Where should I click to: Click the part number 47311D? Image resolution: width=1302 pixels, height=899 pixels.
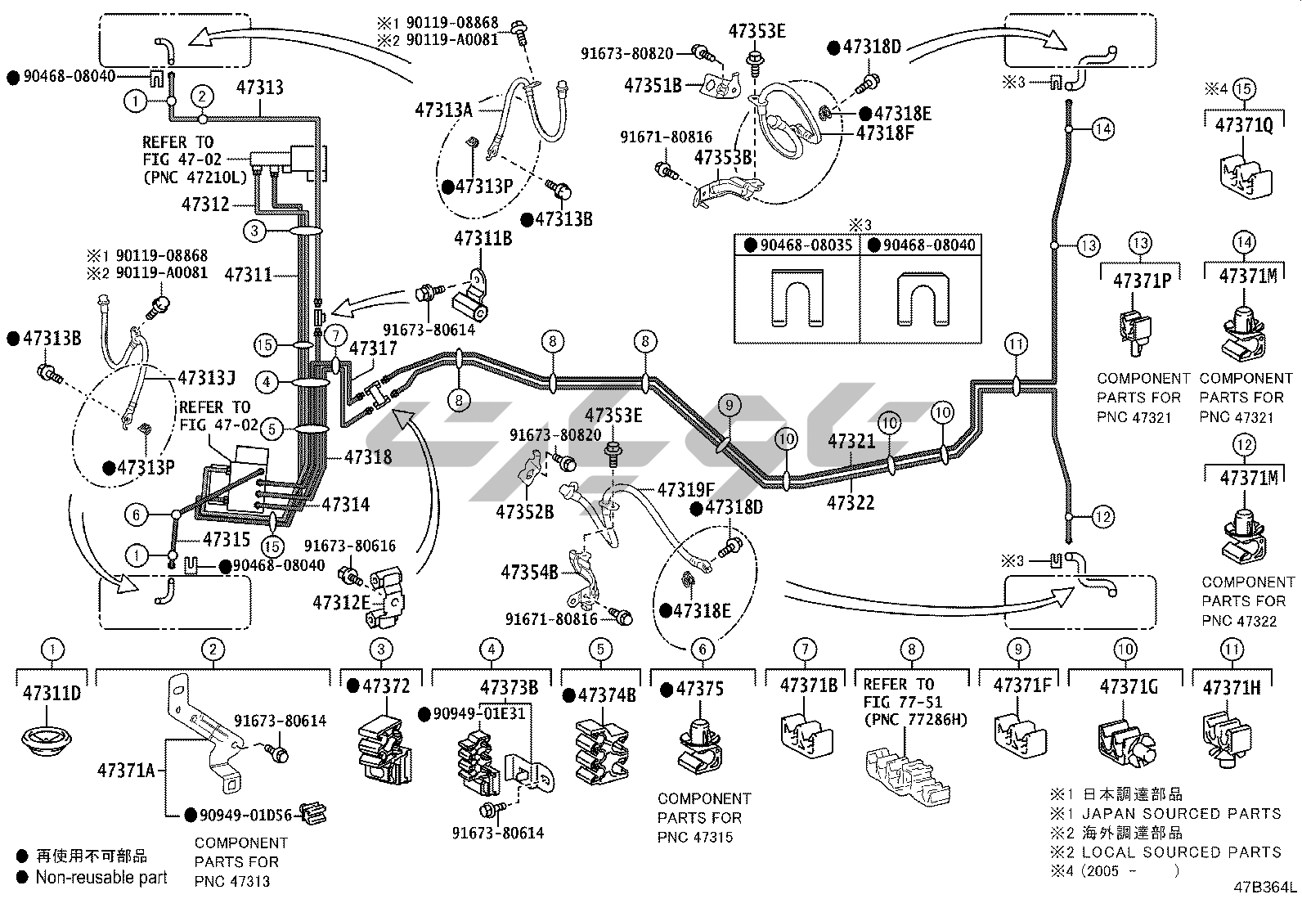(52, 694)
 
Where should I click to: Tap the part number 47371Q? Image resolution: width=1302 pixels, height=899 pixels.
(1243, 125)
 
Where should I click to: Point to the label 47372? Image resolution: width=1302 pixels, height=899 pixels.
(387, 686)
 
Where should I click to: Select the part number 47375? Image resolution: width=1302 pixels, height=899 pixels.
(699, 689)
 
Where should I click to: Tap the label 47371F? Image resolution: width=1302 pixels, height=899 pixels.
(1021, 685)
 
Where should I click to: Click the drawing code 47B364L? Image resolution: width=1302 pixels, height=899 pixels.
(1266, 887)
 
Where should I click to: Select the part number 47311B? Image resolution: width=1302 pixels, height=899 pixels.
(483, 239)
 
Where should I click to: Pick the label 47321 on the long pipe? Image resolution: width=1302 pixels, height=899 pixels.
(851, 442)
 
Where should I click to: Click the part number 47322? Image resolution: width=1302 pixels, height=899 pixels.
(851, 502)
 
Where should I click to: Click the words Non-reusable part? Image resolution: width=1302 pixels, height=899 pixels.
(101, 877)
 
